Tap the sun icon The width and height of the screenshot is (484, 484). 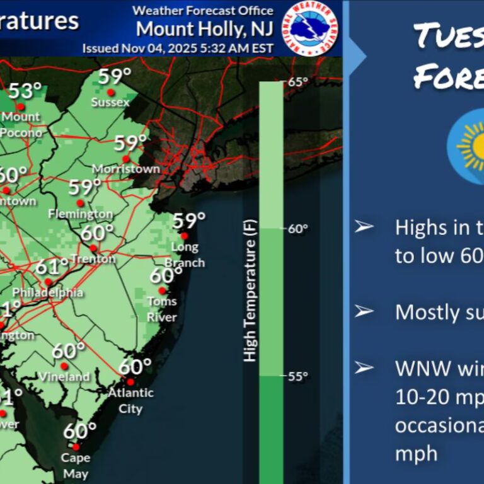pyautogui.click(x=472, y=146)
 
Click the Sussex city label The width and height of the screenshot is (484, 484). pyautogui.click(x=110, y=102)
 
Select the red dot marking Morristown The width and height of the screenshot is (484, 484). pyautogui.click(x=126, y=159)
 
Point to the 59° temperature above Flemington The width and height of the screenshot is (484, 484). pyautogui.click(x=84, y=187)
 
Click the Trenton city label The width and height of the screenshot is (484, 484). pyautogui.click(x=93, y=259)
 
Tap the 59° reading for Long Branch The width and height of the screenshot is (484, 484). pyautogui.click(x=189, y=221)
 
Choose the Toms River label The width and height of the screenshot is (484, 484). pyautogui.click(x=162, y=309)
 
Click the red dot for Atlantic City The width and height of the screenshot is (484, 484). pyautogui.click(x=130, y=382)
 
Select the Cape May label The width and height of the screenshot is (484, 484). pyautogui.click(x=75, y=466)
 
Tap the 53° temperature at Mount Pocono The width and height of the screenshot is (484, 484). pyautogui.click(x=25, y=90)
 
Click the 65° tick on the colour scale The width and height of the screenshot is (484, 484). pyautogui.click(x=298, y=81)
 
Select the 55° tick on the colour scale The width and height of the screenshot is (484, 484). pyautogui.click(x=298, y=376)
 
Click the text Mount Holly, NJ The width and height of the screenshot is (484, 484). pyautogui.click(x=205, y=29)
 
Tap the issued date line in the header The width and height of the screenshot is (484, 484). pyautogui.click(x=178, y=48)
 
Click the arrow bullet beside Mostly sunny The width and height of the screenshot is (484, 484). pyautogui.click(x=364, y=311)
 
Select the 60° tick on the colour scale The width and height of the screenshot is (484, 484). pyautogui.click(x=298, y=229)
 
